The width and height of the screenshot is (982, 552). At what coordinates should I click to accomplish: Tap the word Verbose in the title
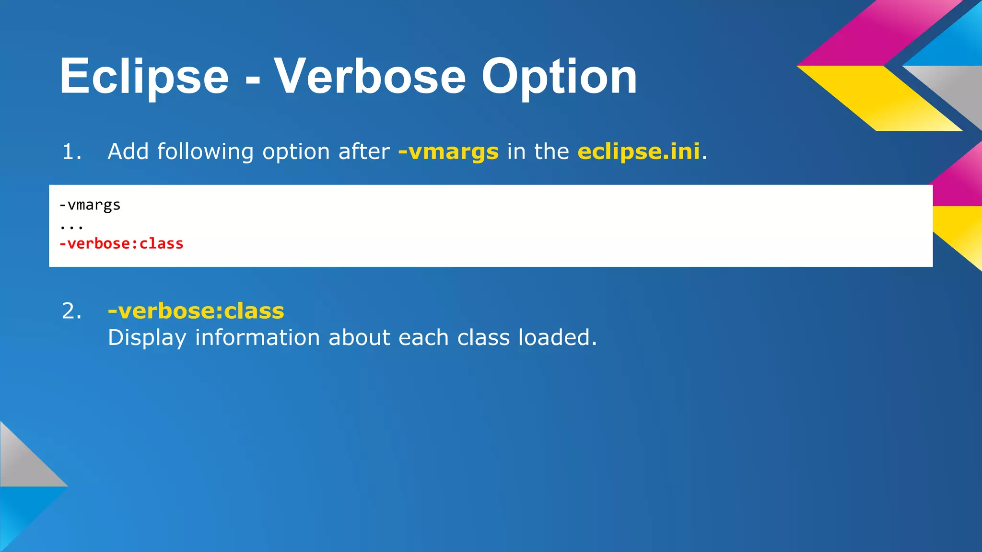click(x=370, y=77)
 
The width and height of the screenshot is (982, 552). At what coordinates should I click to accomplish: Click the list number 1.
click(x=71, y=152)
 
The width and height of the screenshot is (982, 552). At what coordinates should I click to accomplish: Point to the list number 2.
click(x=71, y=311)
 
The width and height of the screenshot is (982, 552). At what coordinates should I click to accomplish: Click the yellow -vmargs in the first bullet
click(x=448, y=152)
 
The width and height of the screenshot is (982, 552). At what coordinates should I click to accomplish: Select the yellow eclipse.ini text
click(x=639, y=151)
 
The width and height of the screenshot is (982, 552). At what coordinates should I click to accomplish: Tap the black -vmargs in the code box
click(x=90, y=205)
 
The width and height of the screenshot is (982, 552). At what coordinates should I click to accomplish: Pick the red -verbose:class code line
click(x=121, y=244)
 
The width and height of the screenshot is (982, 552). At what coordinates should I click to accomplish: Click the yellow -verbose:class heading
click(x=196, y=311)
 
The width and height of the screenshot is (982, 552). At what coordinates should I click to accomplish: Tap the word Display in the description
click(x=147, y=338)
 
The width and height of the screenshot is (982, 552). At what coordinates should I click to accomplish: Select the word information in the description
click(x=257, y=337)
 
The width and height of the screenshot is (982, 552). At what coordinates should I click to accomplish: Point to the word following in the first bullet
click(x=205, y=152)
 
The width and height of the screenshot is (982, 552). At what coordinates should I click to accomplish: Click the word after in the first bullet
click(x=364, y=151)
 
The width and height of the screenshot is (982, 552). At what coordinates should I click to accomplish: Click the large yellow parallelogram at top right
click(x=880, y=98)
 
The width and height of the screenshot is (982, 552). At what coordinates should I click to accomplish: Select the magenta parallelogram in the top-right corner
click(x=880, y=34)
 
